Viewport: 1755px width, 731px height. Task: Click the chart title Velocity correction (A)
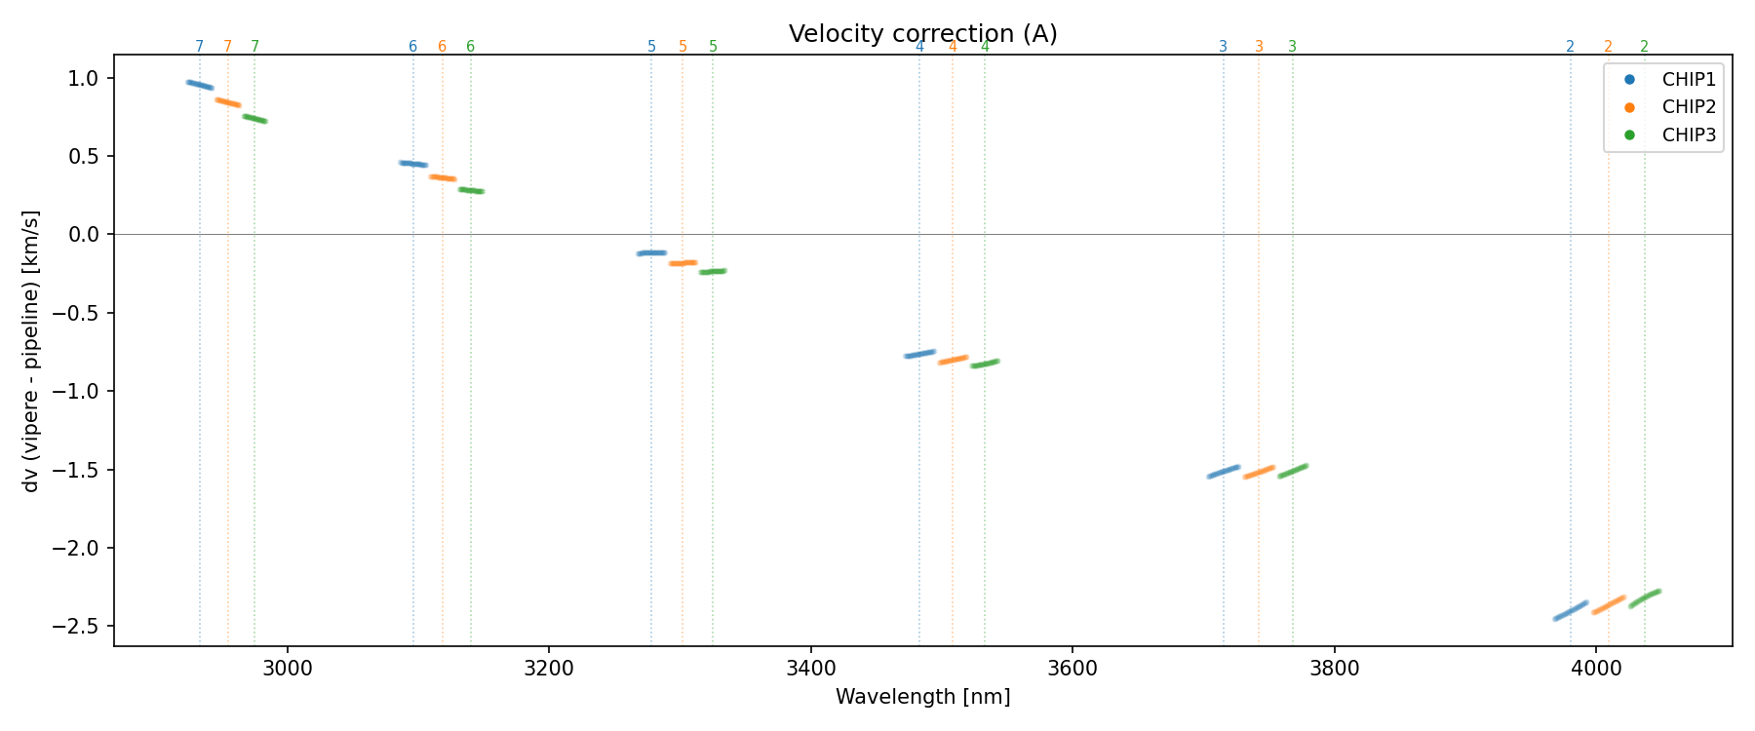[x=922, y=34]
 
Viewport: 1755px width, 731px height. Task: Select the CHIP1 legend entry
[x=1688, y=80]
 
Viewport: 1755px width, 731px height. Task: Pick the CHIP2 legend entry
[x=1688, y=107]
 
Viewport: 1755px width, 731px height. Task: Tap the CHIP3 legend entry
[x=1688, y=135]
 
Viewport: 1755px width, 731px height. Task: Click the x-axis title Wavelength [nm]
[x=922, y=697]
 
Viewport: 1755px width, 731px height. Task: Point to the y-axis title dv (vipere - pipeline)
[x=31, y=351]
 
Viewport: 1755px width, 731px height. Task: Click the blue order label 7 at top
[x=200, y=47]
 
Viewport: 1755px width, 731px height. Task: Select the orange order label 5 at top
[x=682, y=47]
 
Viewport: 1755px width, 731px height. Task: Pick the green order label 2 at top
[x=1644, y=47]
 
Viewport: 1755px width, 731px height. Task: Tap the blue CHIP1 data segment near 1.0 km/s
[x=200, y=85]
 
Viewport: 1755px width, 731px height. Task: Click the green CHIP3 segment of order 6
[x=471, y=190]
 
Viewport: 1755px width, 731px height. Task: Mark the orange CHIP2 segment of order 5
[x=682, y=263]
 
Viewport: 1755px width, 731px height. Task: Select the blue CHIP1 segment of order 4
[x=919, y=354]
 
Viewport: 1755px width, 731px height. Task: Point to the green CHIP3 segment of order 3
[x=1293, y=472]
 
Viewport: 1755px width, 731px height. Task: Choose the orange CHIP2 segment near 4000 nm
[x=1609, y=605]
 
